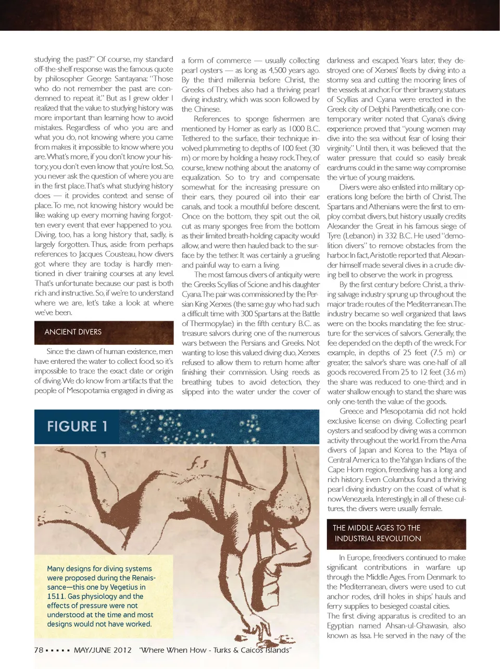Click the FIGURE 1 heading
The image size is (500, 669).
coord(77,427)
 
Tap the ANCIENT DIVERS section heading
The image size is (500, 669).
coord(73,332)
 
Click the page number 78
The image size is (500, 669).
coord(39,650)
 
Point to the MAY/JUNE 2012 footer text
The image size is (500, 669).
coord(103,650)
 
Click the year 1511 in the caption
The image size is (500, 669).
coord(56,596)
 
